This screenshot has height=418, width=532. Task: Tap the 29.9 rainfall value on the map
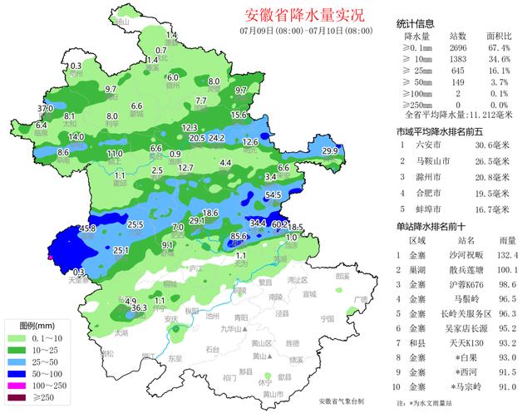[330, 150]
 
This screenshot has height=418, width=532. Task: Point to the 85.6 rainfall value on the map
[239, 237]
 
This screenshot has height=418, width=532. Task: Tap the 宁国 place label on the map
[326, 318]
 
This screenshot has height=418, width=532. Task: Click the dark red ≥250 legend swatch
[17, 398]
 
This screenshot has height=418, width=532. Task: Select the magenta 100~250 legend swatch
[17, 386]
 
